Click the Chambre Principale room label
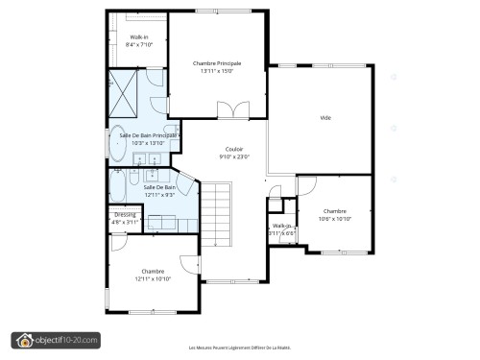pyautogui.click(x=217, y=63)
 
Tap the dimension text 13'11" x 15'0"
pyautogui.click(x=217, y=72)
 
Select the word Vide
pyautogui.click(x=325, y=118)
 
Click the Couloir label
pyautogui.click(x=233, y=149)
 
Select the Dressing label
pyautogui.click(x=125, y=214)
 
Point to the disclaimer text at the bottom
pyautogui.click(x=239, y=348)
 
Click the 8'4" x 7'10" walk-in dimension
pyautogui.click(x=138, y=45)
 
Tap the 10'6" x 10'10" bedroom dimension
pyautogui.click(x=334, y=219)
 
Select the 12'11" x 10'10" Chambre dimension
pyautogui.click(x=153, y=278)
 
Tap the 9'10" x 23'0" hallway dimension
pyautogui.click(x=233, y=156)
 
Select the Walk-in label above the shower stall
pyautogui.click(x=138, y=37)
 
